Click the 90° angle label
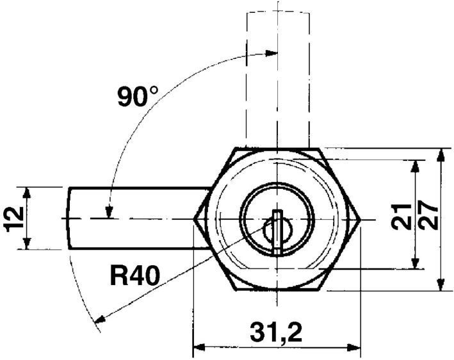[x=137, y=96]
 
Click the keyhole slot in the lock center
[x=277, y=227]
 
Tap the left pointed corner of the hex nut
[x=195, y=219]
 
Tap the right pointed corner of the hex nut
[x=361, y=219]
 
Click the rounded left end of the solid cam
[x=70, y=218]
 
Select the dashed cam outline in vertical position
[x=277, y=77]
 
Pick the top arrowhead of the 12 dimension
[x=26, y=192]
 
